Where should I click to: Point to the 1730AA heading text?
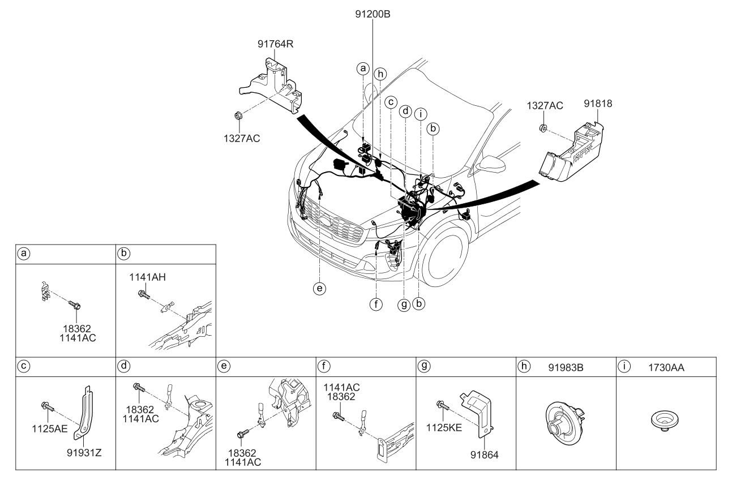pos(666,367)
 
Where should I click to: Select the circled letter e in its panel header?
pos(224,366)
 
